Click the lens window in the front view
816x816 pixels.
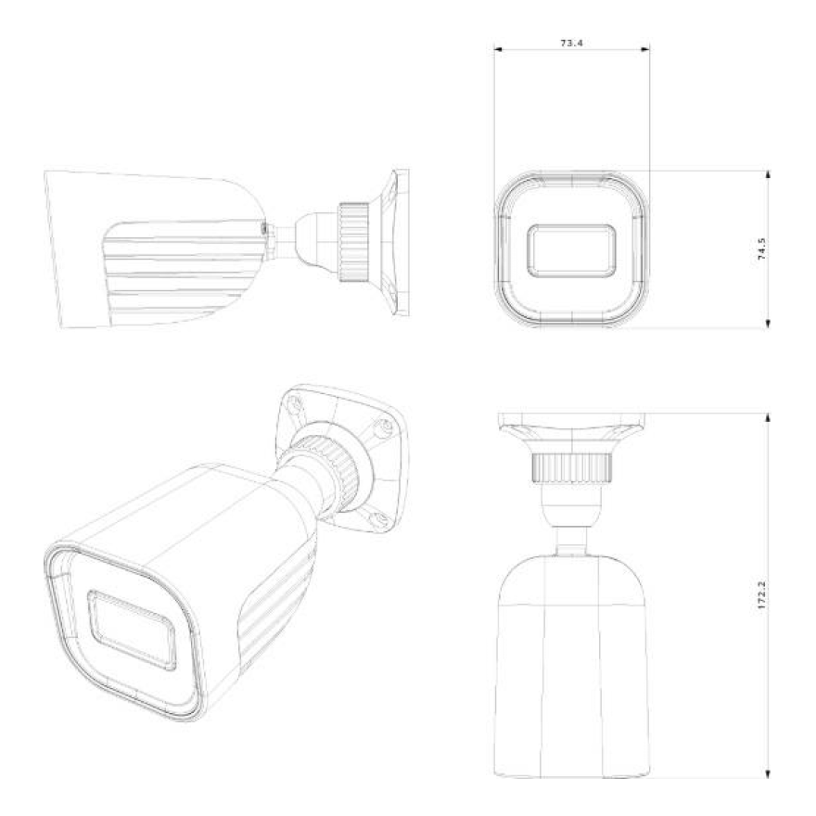[x=570, y=249]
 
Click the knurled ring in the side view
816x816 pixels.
[x=352, y=240]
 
